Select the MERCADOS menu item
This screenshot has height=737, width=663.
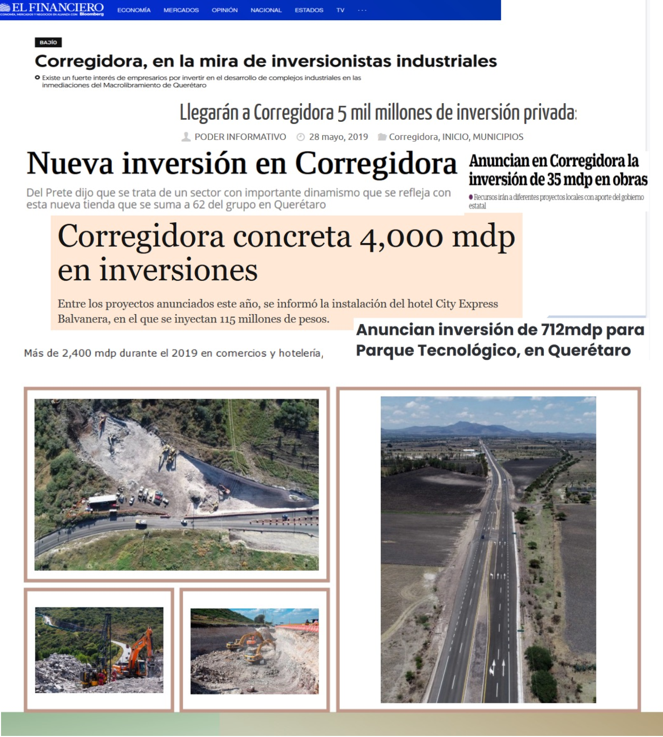point(181,10)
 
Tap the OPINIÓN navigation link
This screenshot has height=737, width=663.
point(225,10)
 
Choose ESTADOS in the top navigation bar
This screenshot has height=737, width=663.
point(309,10)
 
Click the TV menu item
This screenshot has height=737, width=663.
point(340,10)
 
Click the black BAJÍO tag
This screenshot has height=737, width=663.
point(48,42)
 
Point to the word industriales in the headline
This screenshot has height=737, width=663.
point(447,61)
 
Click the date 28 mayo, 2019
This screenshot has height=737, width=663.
point(338,137)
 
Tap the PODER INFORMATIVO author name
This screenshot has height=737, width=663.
point(240,137)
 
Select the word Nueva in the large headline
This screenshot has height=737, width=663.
point(70,164)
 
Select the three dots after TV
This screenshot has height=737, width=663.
point(362,10)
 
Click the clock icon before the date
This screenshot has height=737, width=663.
point(300,137)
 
